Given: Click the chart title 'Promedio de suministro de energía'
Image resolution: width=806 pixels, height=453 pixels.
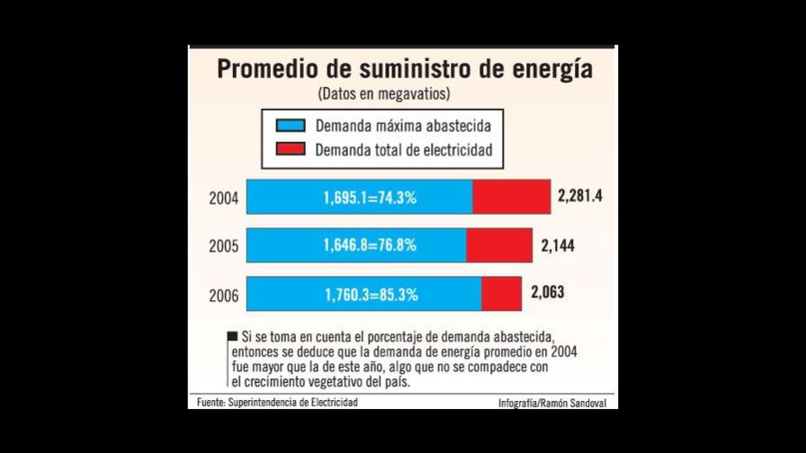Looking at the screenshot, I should point(404,69).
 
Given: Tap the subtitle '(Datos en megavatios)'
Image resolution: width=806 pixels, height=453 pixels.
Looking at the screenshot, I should point(383,93).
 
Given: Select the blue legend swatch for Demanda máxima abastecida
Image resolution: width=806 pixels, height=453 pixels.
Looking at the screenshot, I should point(291,126).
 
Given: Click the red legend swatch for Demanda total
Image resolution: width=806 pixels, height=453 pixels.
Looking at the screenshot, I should point(291,150).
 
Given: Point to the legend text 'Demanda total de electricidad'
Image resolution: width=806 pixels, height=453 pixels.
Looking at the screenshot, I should point(403,150).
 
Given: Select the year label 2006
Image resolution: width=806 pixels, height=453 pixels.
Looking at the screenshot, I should point(224,295).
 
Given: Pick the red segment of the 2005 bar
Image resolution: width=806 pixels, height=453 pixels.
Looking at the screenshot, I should point(499,245).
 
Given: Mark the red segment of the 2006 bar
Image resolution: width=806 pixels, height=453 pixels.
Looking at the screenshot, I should point(501,294).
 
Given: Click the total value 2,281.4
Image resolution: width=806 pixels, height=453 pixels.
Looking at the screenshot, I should point(580,195).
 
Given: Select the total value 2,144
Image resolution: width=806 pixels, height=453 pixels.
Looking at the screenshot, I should point(558,244).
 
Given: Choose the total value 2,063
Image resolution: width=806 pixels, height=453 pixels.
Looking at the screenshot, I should point(548,292).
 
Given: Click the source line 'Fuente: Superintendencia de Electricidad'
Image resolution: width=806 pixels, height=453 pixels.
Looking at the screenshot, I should point(277,403).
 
